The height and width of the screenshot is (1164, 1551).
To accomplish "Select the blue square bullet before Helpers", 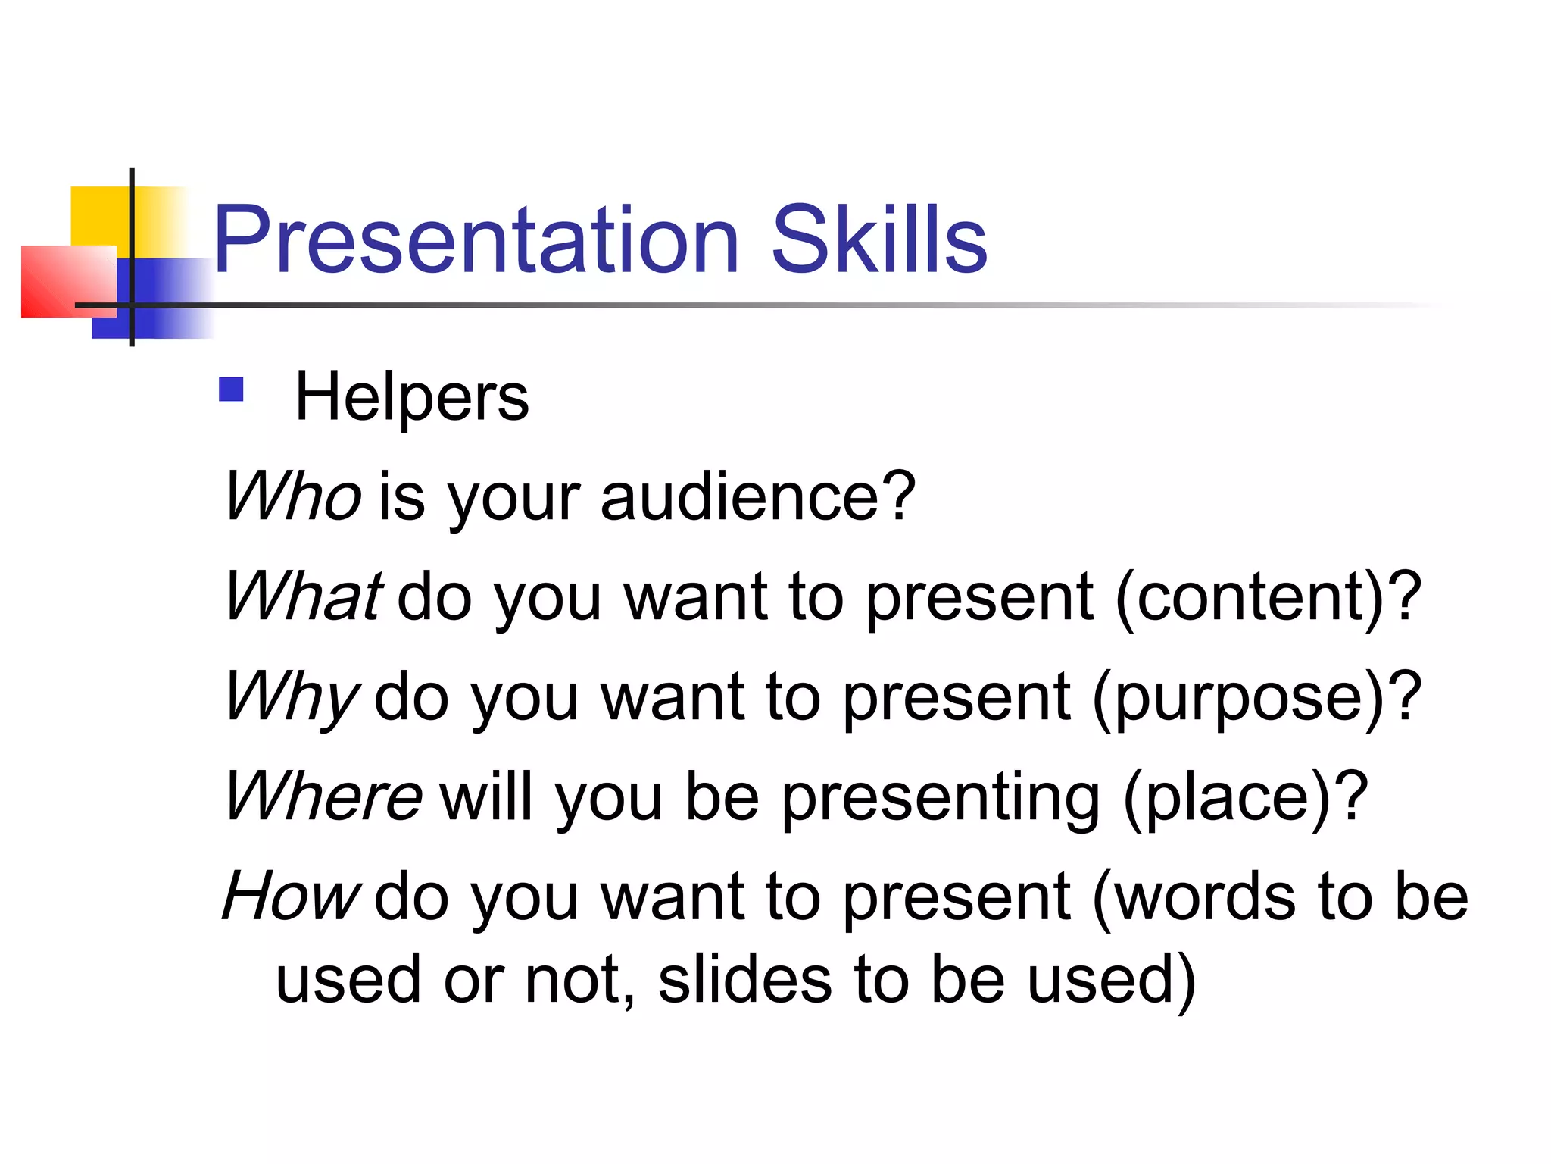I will (231, 390).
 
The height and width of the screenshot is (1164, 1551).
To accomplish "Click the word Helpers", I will (411, 397).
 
